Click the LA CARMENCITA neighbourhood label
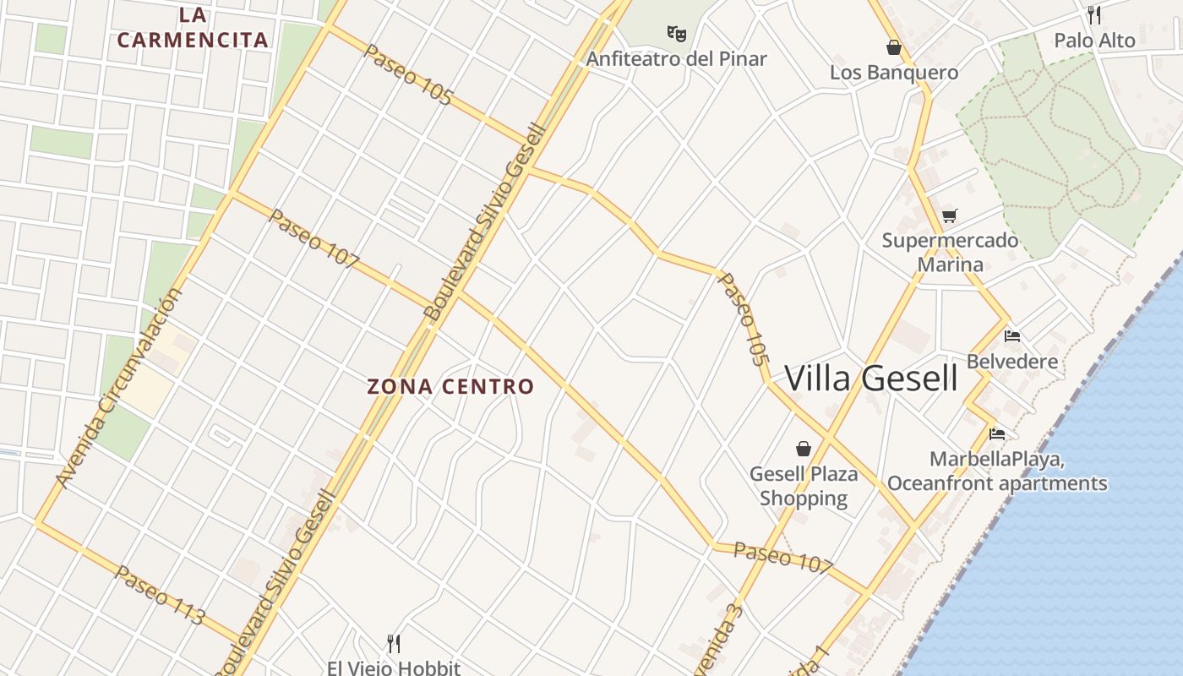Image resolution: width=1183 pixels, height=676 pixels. click(193, 27)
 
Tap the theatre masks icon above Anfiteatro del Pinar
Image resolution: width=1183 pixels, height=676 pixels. click(676, 34)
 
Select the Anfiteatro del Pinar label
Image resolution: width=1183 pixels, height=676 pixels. click(676, 58)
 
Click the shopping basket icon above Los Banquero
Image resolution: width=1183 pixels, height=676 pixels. click(894, 47)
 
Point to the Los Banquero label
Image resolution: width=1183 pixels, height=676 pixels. click(894, 72)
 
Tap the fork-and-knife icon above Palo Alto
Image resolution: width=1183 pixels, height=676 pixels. click(1094, 15)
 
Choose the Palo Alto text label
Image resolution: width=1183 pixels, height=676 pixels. click(1094, 40)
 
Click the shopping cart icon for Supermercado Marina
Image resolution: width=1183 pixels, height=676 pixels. click(950, 215)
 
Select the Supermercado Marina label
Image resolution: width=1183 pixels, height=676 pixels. click(951, 252)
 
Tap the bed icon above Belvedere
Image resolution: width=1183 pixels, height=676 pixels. click(1012, 336)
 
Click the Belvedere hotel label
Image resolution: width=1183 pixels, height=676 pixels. click(1012, 362)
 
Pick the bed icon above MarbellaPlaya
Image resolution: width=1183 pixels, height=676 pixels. click(997, 434)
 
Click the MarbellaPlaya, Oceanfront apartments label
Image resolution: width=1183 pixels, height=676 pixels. click(997, 472)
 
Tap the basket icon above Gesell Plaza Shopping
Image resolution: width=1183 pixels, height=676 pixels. click(803, 449)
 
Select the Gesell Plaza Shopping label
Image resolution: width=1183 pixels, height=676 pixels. click(803, 486)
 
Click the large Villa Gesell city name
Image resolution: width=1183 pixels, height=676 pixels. click(871, 379)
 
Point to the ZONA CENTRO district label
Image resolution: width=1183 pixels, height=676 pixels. click(450, 387)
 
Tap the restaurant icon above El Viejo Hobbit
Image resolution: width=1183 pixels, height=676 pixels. click(394, 644)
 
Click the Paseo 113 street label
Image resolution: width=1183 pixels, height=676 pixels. click(160, 596)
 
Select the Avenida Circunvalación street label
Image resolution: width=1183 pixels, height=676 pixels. click(119, 389)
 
